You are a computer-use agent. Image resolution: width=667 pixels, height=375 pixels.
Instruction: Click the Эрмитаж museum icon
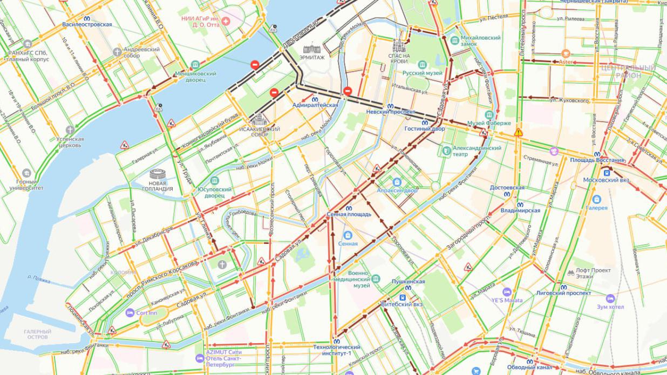pyautogui.click(x=312, y=49)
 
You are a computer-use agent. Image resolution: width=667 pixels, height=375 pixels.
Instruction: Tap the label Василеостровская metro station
pyautogui.click(x=87, y=24)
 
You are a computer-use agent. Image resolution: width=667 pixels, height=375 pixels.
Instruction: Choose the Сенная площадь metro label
pyautogui.click(x=349, y=214)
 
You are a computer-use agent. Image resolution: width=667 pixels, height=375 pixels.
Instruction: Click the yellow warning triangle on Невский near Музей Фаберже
pyautogui.click(x=519, y=132)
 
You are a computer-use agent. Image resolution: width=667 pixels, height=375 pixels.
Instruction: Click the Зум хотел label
pyautogui.click(x=610, y=306)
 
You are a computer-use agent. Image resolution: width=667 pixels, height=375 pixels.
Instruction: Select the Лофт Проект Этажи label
pyautogui.click(x=593, y=272)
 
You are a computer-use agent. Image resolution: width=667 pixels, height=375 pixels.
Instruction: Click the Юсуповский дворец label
pyautogui.click(x=214, y=193)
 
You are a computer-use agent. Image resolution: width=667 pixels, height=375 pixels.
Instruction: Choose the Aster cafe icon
pyautogui.click(x=566, y=53)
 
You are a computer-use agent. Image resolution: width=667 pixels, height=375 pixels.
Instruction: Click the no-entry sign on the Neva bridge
pyautogui.click(x=254, y=65)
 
